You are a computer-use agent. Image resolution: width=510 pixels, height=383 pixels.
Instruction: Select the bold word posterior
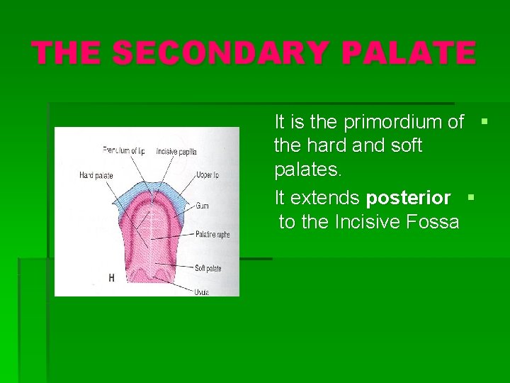pos(408,197)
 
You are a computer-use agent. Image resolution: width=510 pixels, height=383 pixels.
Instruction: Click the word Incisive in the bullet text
pos(368,222)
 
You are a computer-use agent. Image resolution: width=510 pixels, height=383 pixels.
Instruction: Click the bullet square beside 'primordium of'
pos(484,121)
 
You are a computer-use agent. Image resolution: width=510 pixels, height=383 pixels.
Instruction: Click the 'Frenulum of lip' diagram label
pos(123,150)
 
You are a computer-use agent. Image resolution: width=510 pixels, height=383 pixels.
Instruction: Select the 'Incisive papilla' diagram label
pos(176,152)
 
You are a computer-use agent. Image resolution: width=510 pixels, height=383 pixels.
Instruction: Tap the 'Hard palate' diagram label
pos(96,175)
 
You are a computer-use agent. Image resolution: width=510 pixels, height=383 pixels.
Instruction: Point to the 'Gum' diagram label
pos(202,206)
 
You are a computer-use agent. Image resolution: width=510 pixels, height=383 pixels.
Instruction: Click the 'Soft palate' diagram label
pos(208,268)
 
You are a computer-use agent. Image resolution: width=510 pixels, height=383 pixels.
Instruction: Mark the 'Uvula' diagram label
pos(202,291)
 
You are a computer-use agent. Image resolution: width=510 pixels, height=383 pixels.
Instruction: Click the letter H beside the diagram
pos(111,278)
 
